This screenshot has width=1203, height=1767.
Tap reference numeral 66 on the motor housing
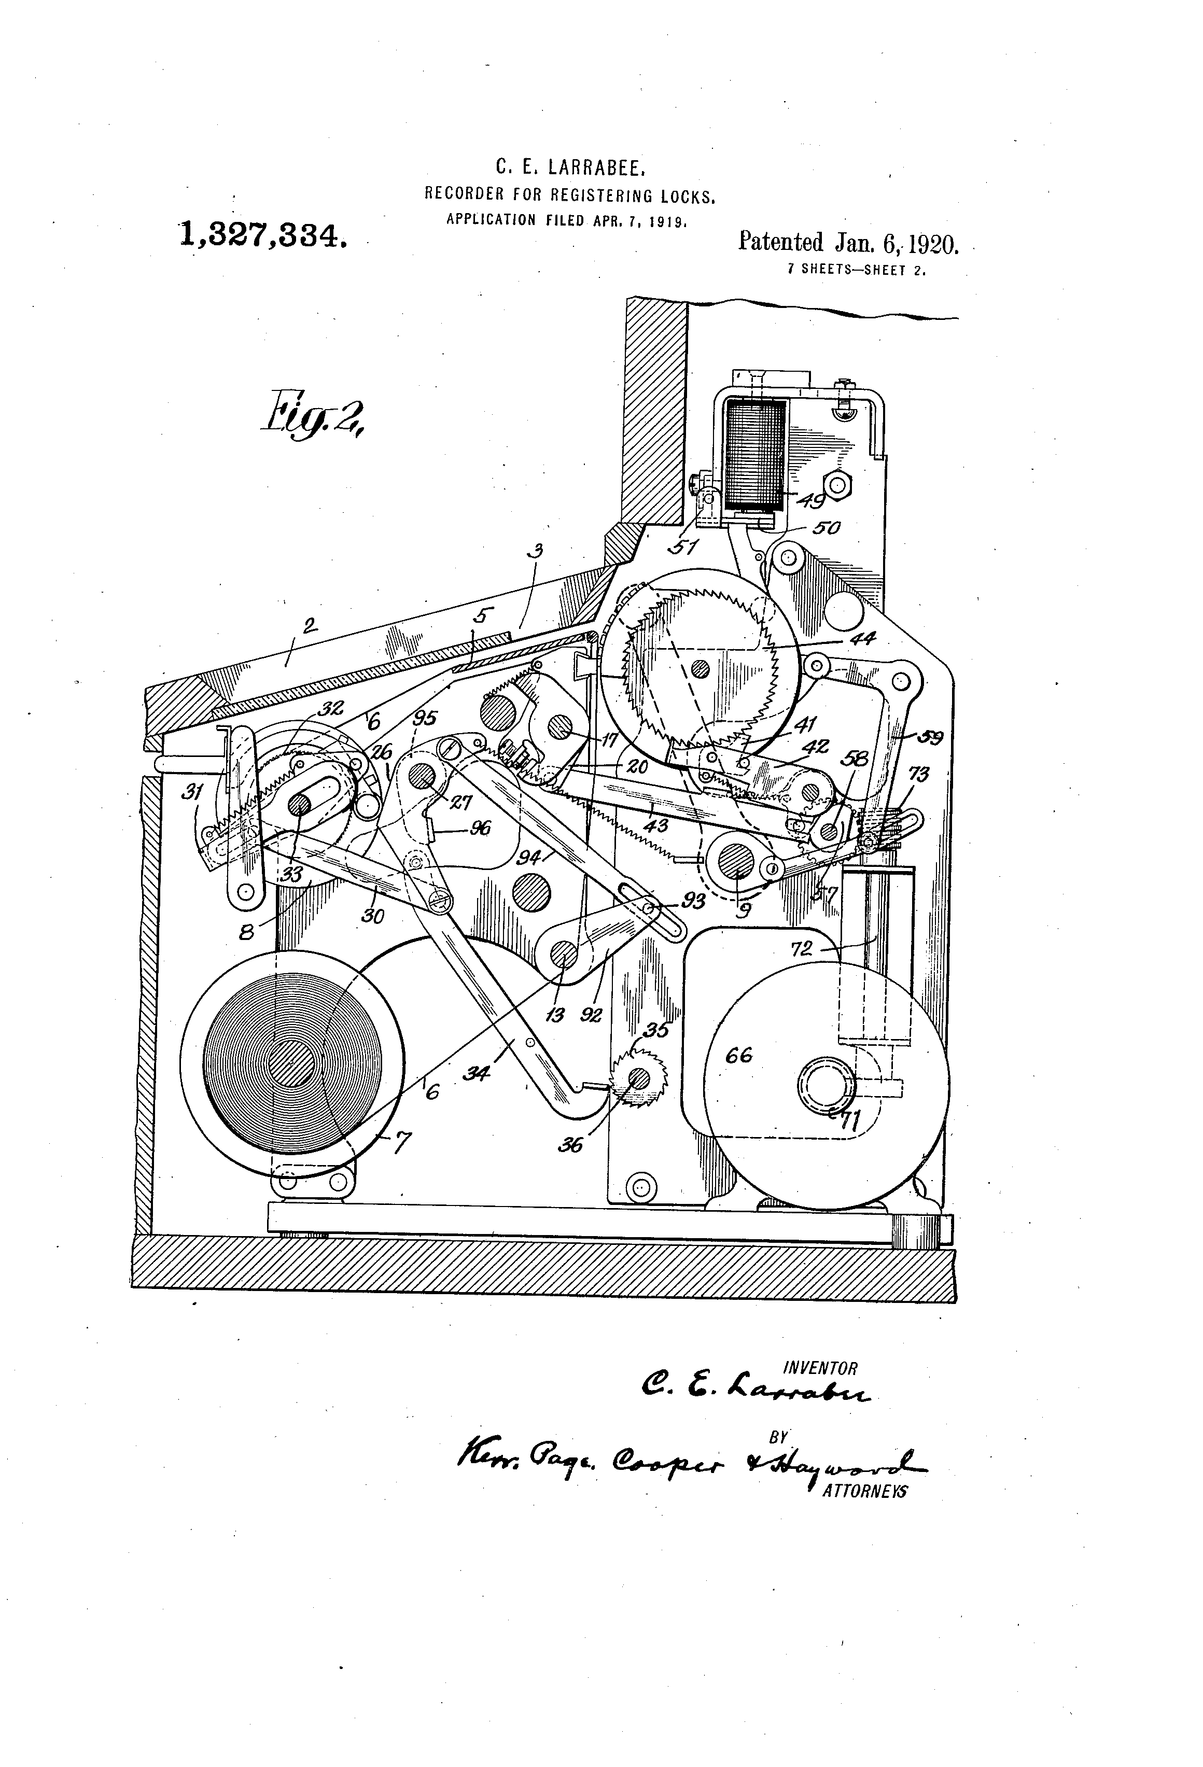click(x=738, y=1055)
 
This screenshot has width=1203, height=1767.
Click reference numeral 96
click(x=480, y=828)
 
